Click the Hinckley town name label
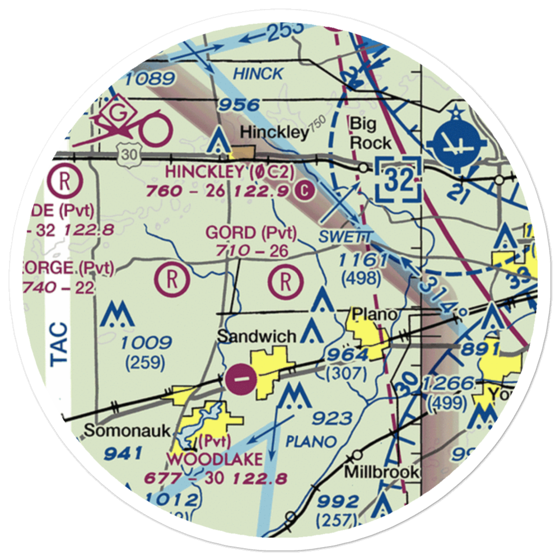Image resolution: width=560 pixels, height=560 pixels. coord(274,133)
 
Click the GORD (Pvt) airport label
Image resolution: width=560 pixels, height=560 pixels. coord(251,232)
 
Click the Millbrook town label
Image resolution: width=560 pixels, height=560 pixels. coord(381,472)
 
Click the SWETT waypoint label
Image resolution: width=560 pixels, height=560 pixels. coord(344,237)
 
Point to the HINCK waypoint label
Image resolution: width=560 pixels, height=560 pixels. coord(258,73)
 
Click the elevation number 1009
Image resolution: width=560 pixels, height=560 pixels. coord(146,343)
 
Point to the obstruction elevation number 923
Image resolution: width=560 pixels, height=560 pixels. coord(333,418)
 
